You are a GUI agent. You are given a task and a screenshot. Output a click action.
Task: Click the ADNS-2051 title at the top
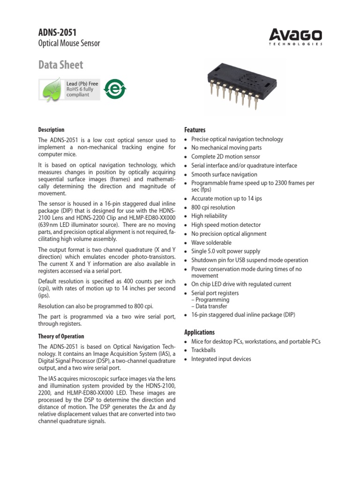(x=57, y=32)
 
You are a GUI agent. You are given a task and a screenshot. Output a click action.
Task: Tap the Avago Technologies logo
(x=296, y=36)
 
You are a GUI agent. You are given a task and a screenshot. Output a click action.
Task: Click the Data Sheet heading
(x=60, y=65)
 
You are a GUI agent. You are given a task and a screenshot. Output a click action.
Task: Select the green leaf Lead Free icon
(x=51, y=89)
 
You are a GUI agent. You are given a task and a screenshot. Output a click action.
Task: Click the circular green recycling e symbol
(x=113, y=89)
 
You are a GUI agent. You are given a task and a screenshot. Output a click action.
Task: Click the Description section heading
(x=51, y=130)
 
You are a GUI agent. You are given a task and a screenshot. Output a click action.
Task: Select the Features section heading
(x=195, y=130)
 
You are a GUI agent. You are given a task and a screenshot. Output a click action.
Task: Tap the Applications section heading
(x=200, y=332)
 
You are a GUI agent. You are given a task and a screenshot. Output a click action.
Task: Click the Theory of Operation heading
(x=61, y=336)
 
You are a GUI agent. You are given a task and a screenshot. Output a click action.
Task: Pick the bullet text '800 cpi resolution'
(x=213, y=207)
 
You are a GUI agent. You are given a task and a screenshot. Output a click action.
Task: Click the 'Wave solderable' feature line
(x=211, y=242)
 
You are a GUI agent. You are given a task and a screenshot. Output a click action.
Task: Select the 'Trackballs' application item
(x=203, y=350)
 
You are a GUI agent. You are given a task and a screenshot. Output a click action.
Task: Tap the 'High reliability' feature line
(x=209, y=216)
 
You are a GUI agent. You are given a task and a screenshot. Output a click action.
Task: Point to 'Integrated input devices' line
(x=221, y=359)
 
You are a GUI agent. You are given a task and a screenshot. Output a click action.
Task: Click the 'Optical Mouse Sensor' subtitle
(x=68, y=44)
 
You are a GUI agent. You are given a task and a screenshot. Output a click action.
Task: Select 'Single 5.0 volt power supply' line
(x=225, y=251)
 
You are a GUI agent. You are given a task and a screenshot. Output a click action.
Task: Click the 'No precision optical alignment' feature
(x=229, y=233)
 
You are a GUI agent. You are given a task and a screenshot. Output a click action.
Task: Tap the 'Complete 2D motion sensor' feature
(x=225, y=157)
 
